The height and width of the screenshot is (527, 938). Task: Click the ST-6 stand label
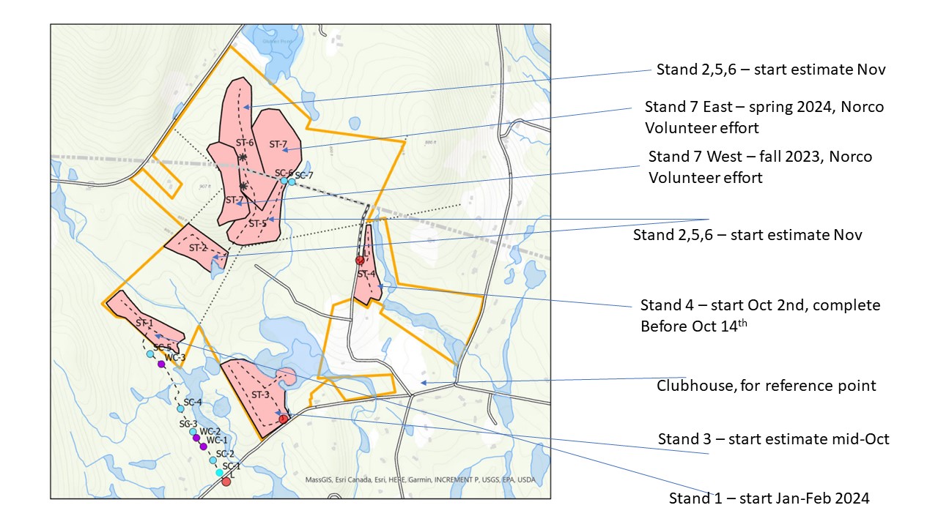coord(244,143)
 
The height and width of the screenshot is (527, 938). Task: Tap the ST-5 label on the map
coord(256,224)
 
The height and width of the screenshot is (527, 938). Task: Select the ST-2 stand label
coord(198,248)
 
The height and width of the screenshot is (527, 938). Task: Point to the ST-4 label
coord(366,274)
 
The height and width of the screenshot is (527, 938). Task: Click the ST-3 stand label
coord(261,395)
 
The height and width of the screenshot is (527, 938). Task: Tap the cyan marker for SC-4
coord(180,409)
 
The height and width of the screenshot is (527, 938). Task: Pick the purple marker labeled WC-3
coord(161,364)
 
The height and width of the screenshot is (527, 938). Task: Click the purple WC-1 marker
coord(203,446)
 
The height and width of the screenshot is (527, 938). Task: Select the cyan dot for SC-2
coord(213,460)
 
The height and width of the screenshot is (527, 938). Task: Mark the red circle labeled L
coord(226,481)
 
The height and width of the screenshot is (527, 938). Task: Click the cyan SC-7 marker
coord(292,181)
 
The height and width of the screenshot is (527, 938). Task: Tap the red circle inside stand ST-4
coord(360,260)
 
